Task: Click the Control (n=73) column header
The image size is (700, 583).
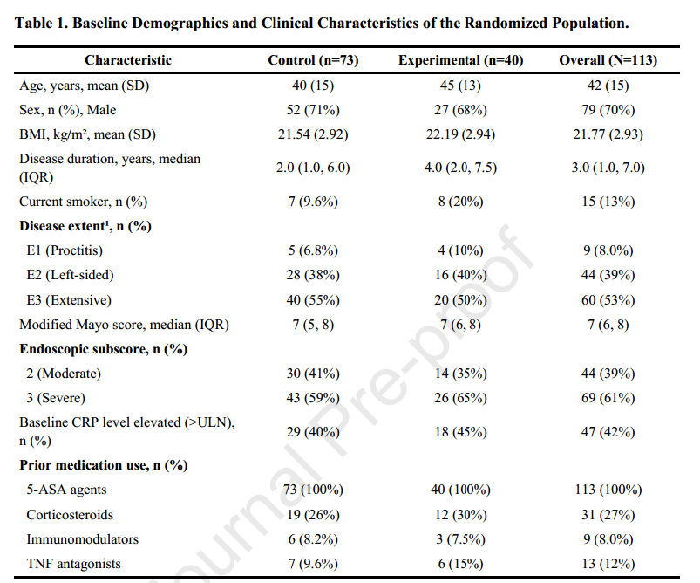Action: pos(313,60)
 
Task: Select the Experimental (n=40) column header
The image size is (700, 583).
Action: pos(461,60)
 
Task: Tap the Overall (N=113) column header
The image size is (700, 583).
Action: pos(608,60)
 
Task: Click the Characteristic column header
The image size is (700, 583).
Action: pos(128,60)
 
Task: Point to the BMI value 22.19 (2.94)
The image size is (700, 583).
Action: pos(461,134)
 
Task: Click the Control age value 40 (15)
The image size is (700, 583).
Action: pos(313,85)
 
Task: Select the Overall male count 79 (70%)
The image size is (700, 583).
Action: pos(608,110)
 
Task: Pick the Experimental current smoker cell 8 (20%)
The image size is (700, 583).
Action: pos(461,202)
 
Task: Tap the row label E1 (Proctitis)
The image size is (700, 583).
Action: pos(65,250)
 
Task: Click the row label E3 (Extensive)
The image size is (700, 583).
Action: pos(69,300)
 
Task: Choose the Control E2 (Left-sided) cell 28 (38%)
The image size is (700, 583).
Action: pos(313,275)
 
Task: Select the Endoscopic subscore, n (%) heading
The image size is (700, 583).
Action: pos(104,349)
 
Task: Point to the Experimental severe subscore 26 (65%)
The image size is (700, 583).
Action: pos(461,397)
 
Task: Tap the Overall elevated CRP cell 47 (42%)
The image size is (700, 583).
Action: pos(608,432)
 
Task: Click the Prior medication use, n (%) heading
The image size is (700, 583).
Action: pos(104,465)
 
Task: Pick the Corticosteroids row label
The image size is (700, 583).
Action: pos(70,515)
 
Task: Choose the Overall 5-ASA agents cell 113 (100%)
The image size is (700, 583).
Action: pos(608,490)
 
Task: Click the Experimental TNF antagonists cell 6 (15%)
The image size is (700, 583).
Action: pos(461,564)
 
